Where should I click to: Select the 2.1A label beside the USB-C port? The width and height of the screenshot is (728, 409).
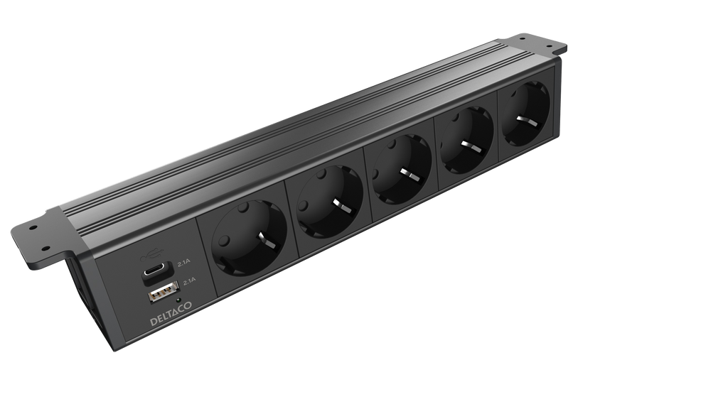pyautogui.click(x=184, y=263)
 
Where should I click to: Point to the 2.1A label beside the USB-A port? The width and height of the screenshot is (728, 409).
pyautogui.click(x=190, y=281)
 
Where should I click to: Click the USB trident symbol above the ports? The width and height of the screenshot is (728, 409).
pyautogui.click(x=151, y=253)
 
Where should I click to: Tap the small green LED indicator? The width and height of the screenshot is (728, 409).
pyautogui.click(x=178, y=306)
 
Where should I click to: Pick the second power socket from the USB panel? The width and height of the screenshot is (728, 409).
pyautogui.click(x=330, y=201)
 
